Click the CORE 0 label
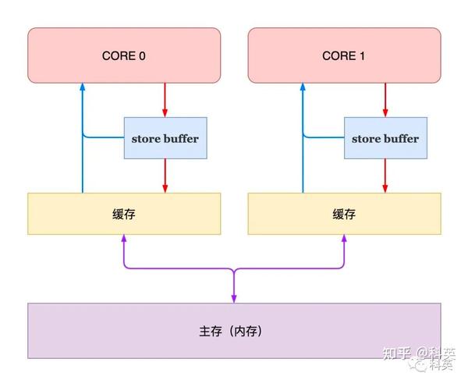(124, 56)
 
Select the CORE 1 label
(344, 56)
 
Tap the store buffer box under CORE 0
(165, 138)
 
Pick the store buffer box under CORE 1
(385, 138)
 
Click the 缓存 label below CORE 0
(124, 214)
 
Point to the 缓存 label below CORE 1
(344, 214)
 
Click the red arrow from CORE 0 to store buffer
(165, 99)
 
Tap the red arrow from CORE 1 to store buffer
(385, 99)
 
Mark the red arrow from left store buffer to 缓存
(165, 176)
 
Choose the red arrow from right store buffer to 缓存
(385, 176)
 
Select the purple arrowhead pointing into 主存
(233, 298)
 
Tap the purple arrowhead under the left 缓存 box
(123, 240)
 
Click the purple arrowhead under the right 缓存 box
(343, 240)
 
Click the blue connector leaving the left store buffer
(103, 138)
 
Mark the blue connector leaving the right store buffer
(324, 138)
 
